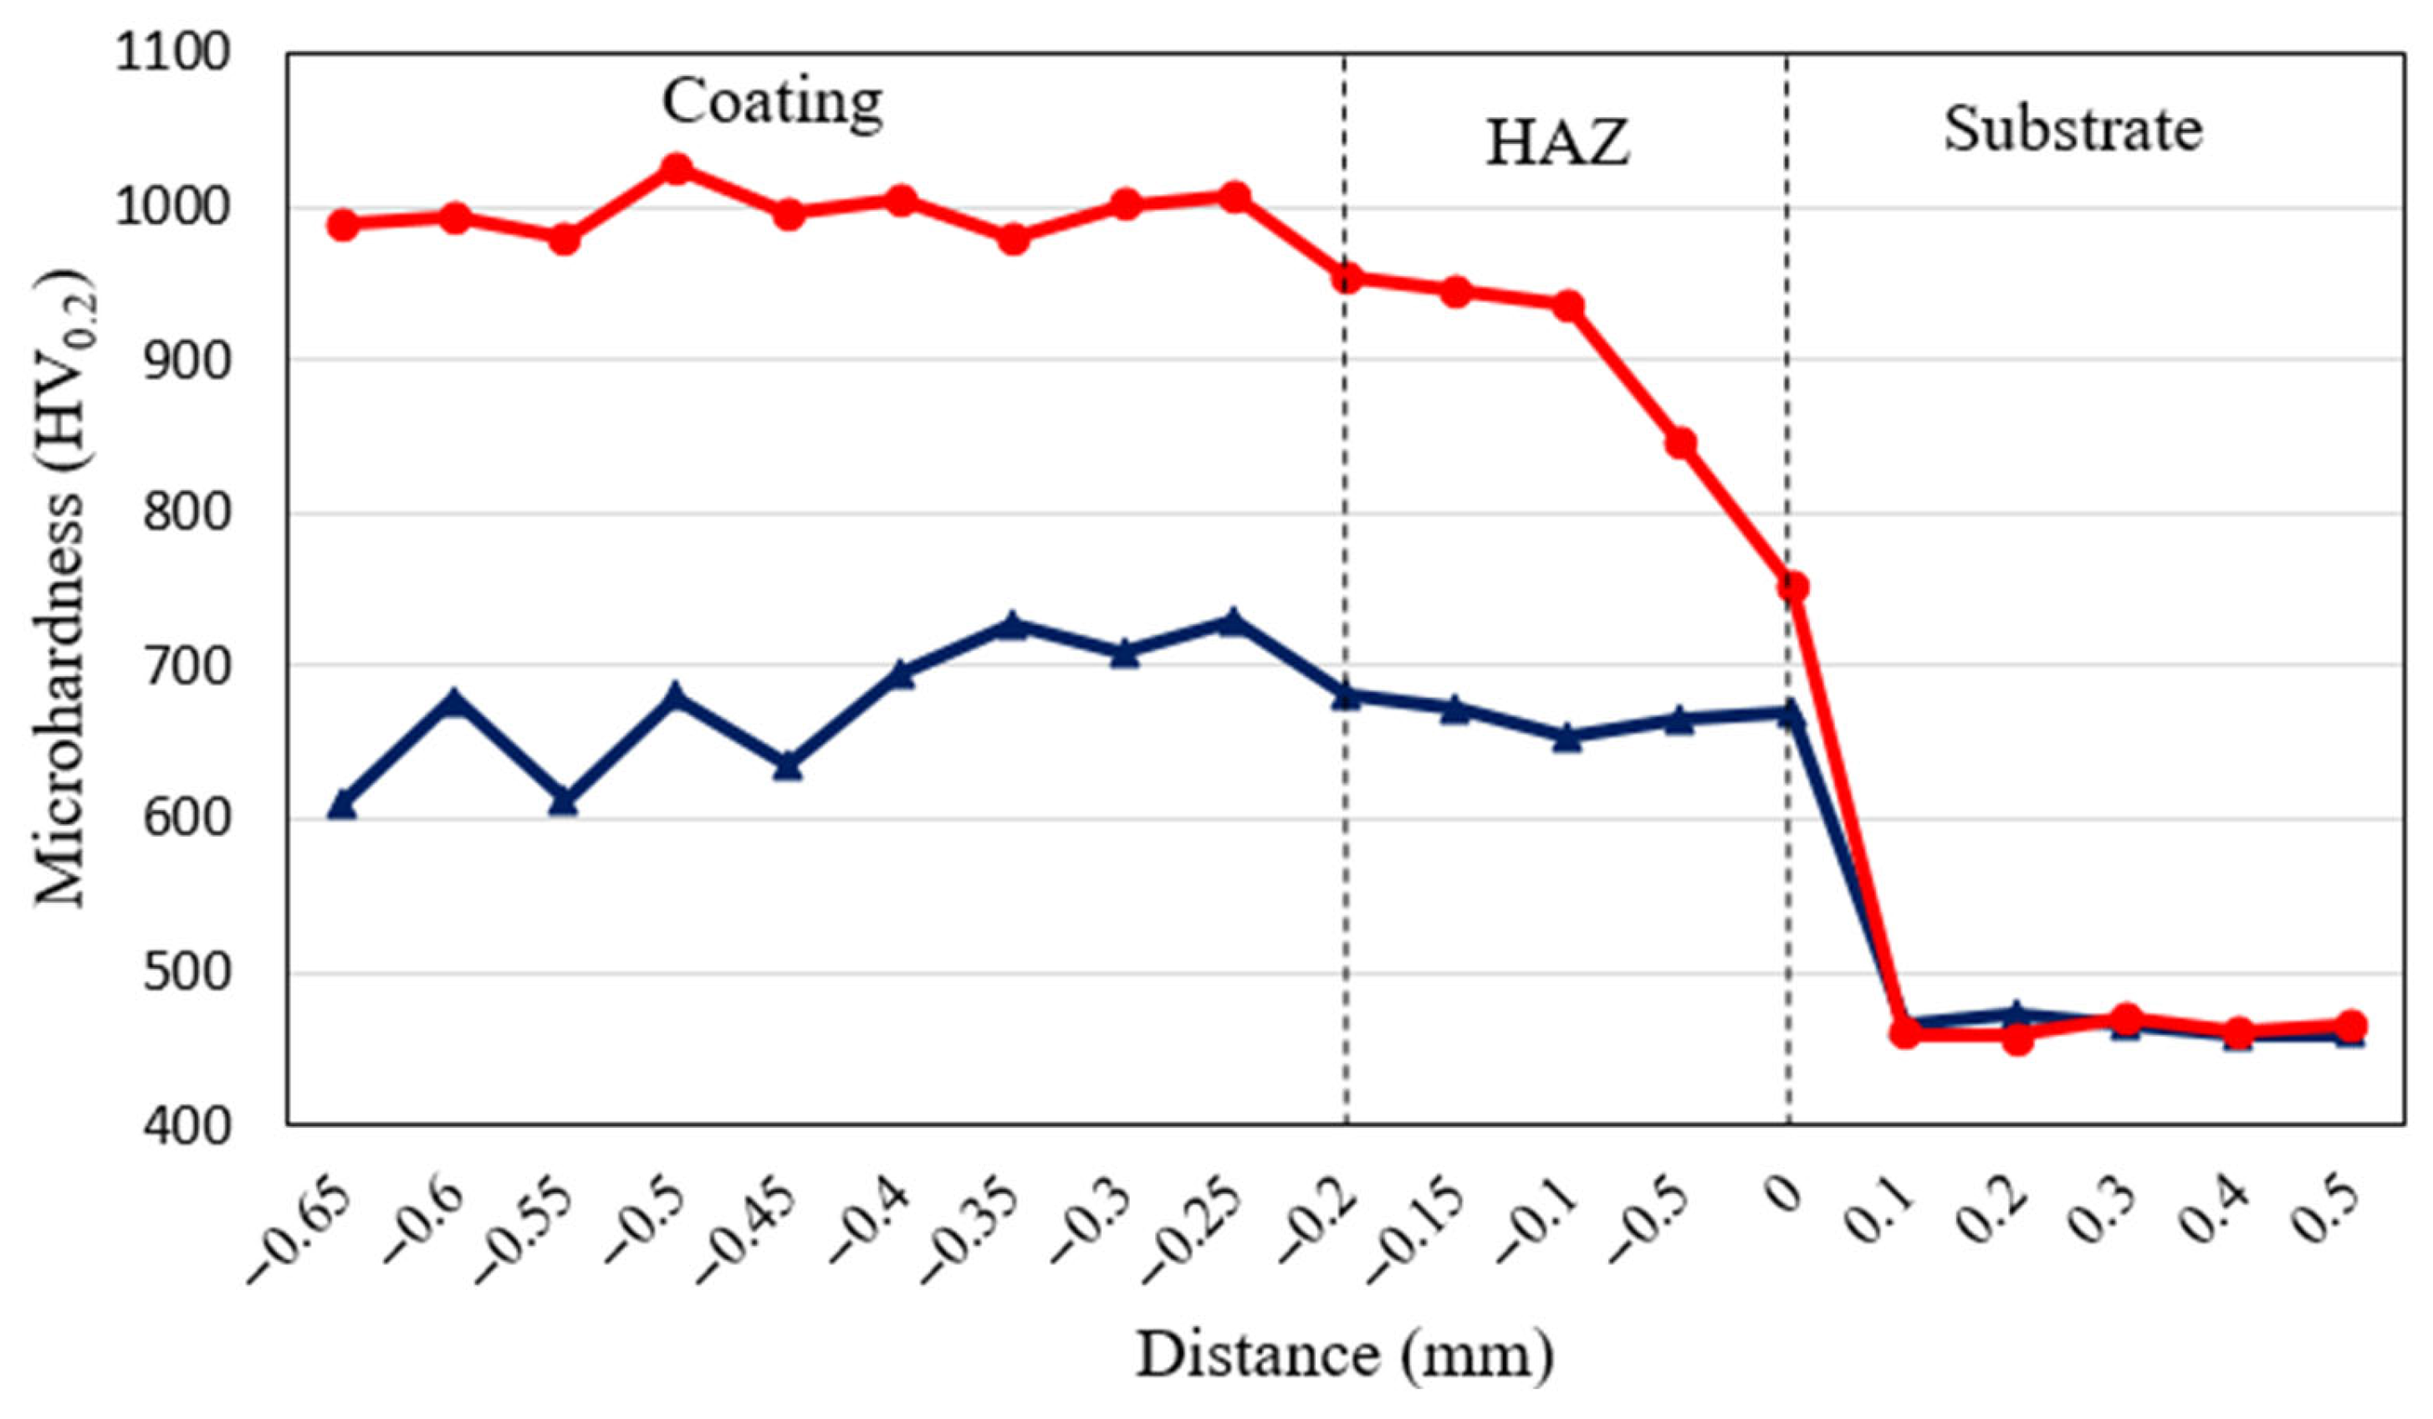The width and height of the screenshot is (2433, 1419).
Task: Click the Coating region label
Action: tap(771, 102)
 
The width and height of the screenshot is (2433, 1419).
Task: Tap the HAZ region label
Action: tap(1556, 143)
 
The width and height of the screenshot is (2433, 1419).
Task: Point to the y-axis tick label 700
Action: tap(187, 665)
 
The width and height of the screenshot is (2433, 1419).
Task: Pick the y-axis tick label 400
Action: tap(187, 1125)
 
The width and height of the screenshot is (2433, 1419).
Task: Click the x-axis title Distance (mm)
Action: tap(1345, 1356)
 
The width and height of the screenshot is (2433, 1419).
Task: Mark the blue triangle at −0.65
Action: tap(343, 804)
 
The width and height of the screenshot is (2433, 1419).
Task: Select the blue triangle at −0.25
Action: tap(1231, 621)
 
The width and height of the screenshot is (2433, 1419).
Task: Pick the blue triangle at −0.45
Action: tap(788, 766)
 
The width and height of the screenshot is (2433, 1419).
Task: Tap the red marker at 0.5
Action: tap(2352, 1025)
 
